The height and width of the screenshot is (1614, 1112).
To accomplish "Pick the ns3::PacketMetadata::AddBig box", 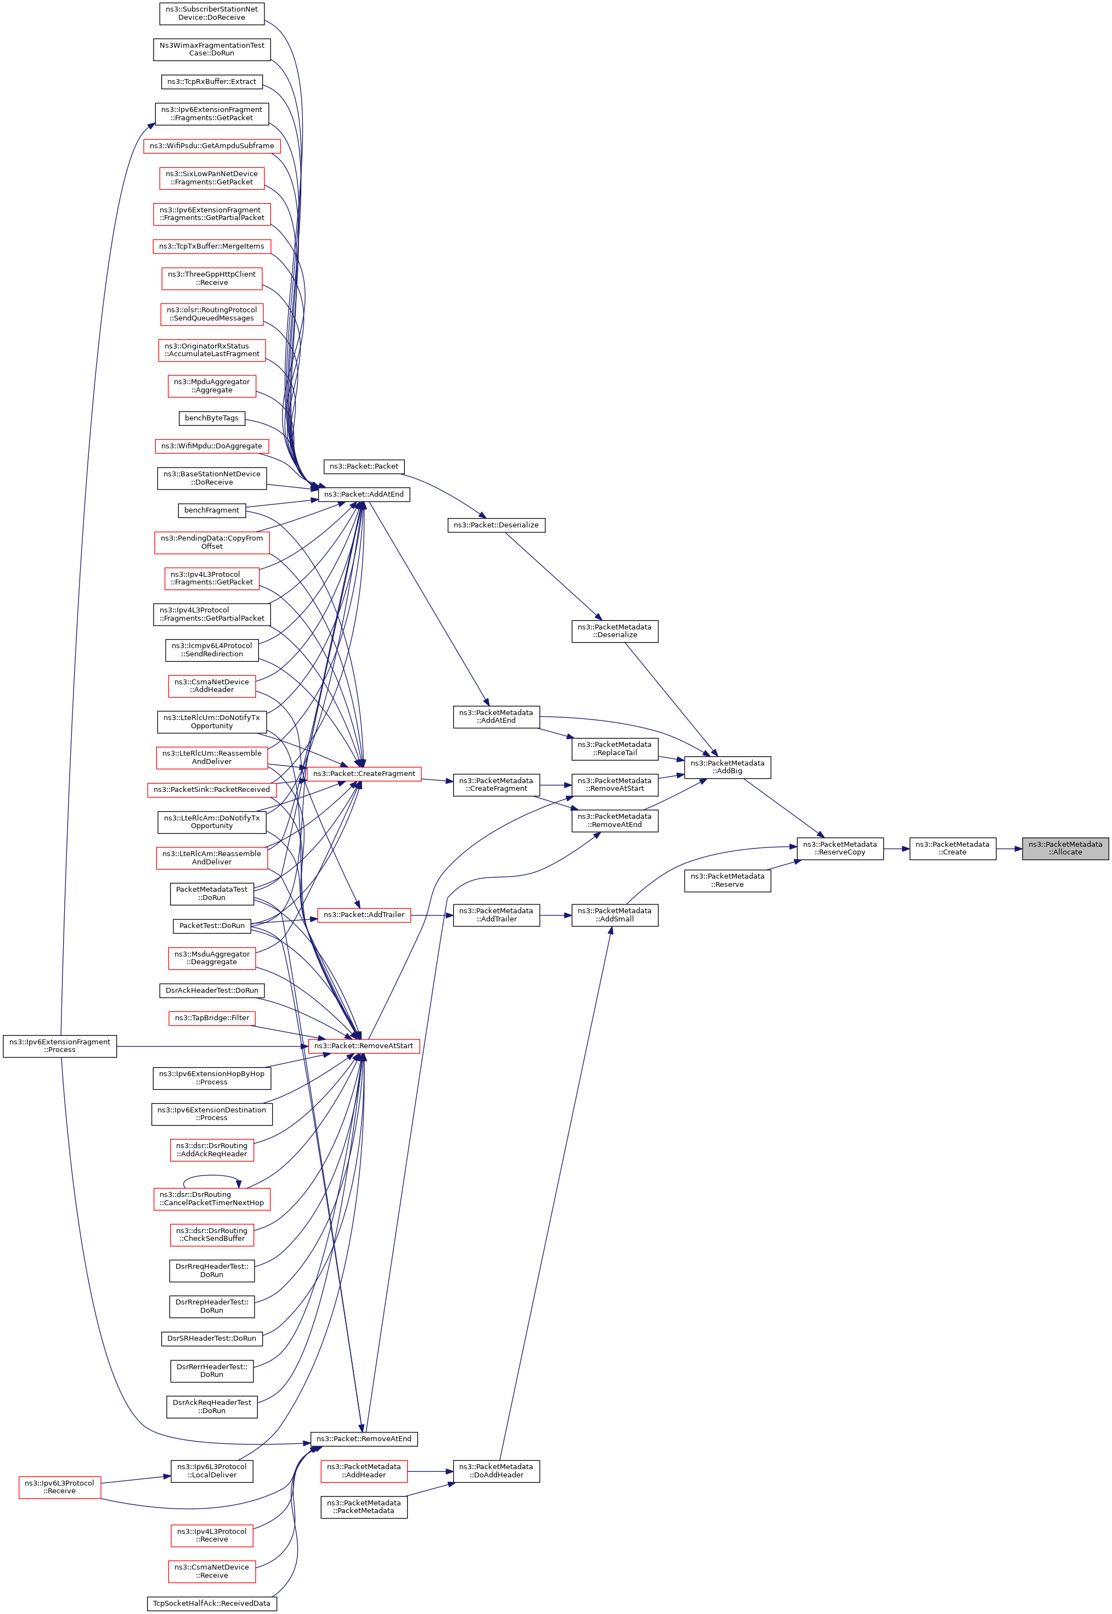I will (x=727, y=767).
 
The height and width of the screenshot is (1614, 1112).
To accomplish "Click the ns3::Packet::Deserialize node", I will (x=495, y=525).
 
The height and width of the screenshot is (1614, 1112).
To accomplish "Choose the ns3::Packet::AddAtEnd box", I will (x=364, y=494).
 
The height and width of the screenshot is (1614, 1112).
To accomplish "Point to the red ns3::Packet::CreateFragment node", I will (x=364, y=774).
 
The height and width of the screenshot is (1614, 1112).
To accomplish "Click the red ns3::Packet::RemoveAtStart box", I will (x=364, y=1045).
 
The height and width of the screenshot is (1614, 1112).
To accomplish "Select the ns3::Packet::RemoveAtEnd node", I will (x=364, y=1438).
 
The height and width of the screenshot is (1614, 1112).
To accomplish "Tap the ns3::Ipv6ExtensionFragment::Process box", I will (x=60, y=1045).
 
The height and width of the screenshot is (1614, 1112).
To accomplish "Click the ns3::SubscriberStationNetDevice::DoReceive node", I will (x=211, y=13).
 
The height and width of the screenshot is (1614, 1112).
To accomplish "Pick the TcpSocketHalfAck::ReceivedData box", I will (x=211, y=1603).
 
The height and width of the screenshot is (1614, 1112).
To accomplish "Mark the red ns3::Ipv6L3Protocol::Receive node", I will (x=59, y=1487).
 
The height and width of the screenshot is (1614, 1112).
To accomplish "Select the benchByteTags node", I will (x=211, y=418).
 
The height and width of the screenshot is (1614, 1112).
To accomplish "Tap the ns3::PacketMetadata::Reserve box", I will (x=727, y=880).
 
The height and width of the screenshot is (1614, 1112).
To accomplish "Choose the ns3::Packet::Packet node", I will (x=364, y=466).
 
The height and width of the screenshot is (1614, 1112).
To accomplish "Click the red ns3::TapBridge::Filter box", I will (x=211, y=1017).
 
